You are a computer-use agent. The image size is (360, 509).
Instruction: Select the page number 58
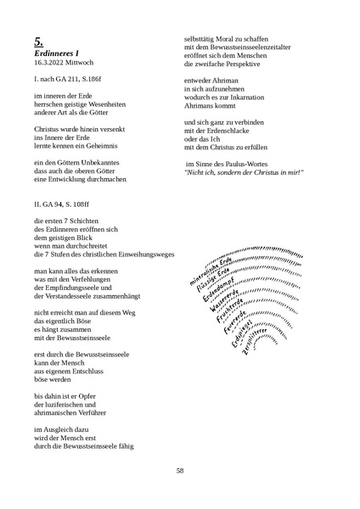tap(180, 471)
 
